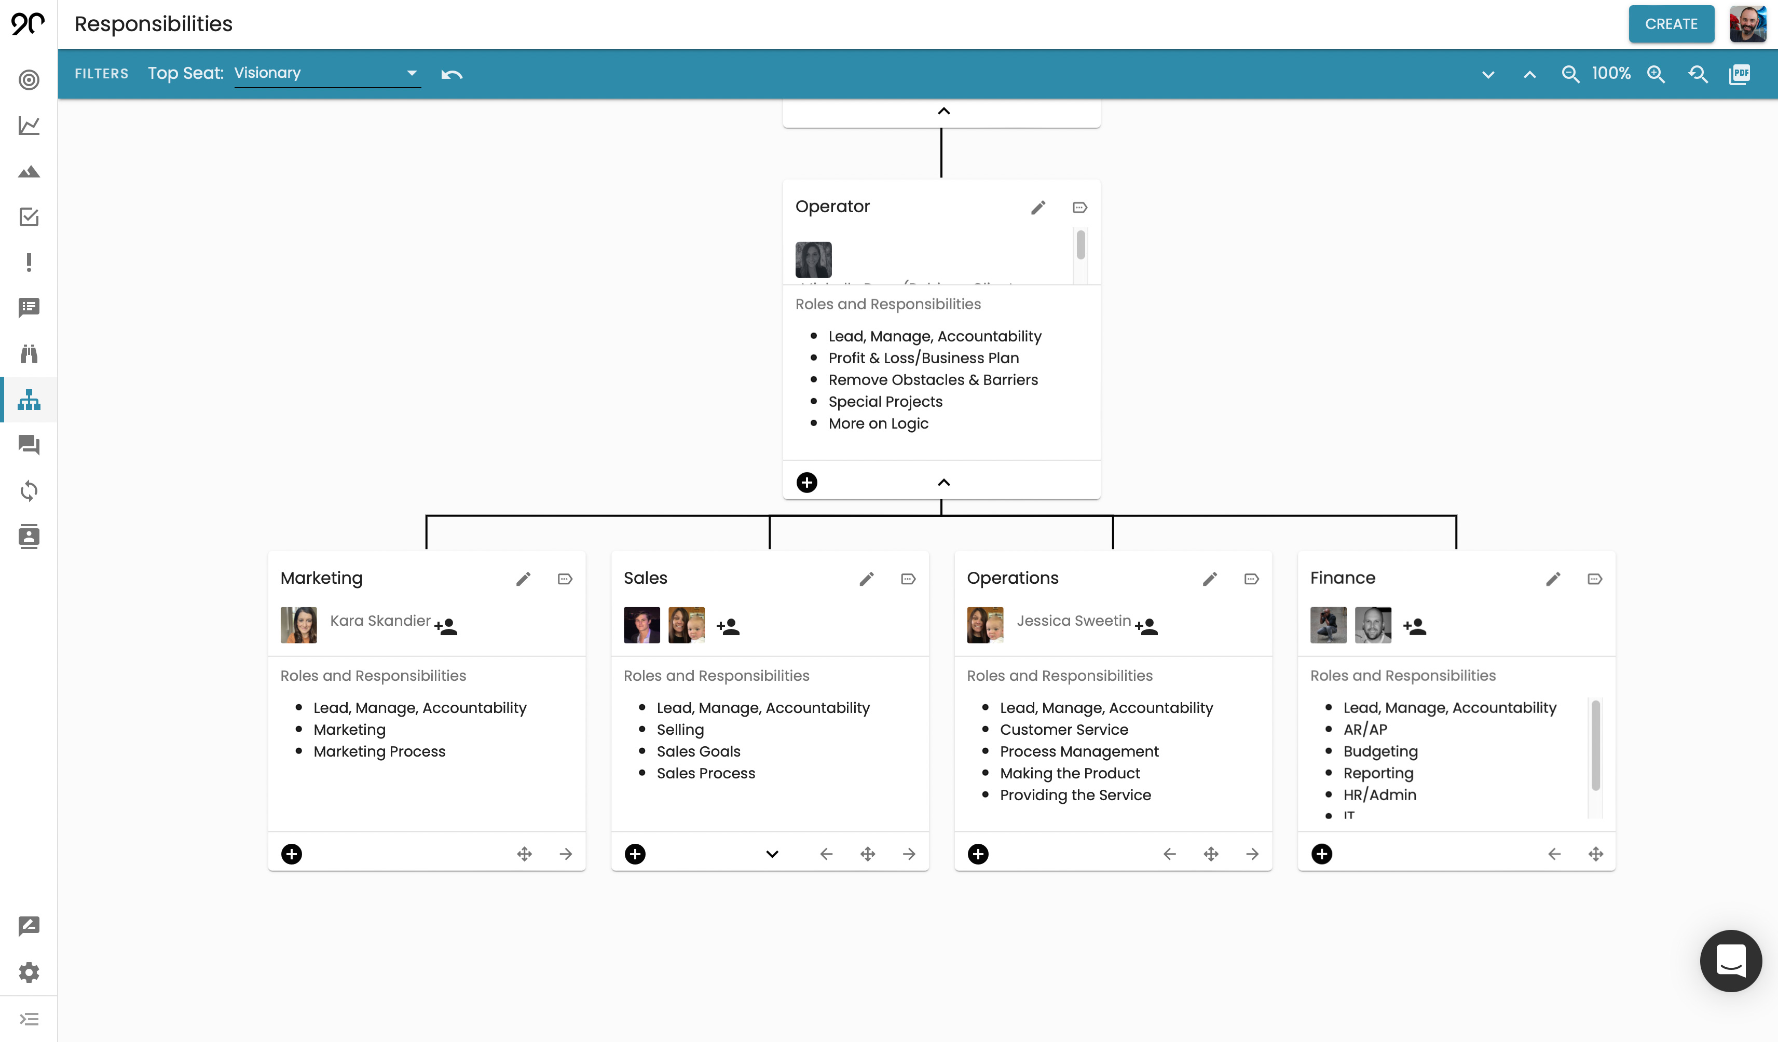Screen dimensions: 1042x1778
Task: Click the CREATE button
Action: pos(1670,24)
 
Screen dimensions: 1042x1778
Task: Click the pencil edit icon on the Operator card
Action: pos(1038,208)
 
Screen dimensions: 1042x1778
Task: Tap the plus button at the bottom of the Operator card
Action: pos(806,483)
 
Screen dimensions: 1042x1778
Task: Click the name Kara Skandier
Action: pos(379,621)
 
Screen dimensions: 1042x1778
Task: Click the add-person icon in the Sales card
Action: pos(728,626)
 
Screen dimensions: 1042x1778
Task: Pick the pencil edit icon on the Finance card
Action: pos(1553,579)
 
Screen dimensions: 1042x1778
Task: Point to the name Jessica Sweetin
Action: pos(1073,621)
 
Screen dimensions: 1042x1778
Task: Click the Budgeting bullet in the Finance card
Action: pos(1380,751)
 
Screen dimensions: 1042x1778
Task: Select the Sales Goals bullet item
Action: pos(698,751)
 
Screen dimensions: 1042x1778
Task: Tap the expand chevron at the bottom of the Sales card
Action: pos(772,854)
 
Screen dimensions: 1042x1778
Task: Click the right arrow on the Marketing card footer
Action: pos(566,854)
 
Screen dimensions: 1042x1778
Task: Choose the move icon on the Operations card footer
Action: pos(1211,854)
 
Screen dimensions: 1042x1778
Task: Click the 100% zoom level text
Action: pos(1611,73)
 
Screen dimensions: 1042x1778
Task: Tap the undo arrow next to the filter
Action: pos(452,74)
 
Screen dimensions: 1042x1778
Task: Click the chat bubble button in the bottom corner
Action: pos(1730,961)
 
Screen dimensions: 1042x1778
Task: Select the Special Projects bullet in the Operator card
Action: pos(885,402)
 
